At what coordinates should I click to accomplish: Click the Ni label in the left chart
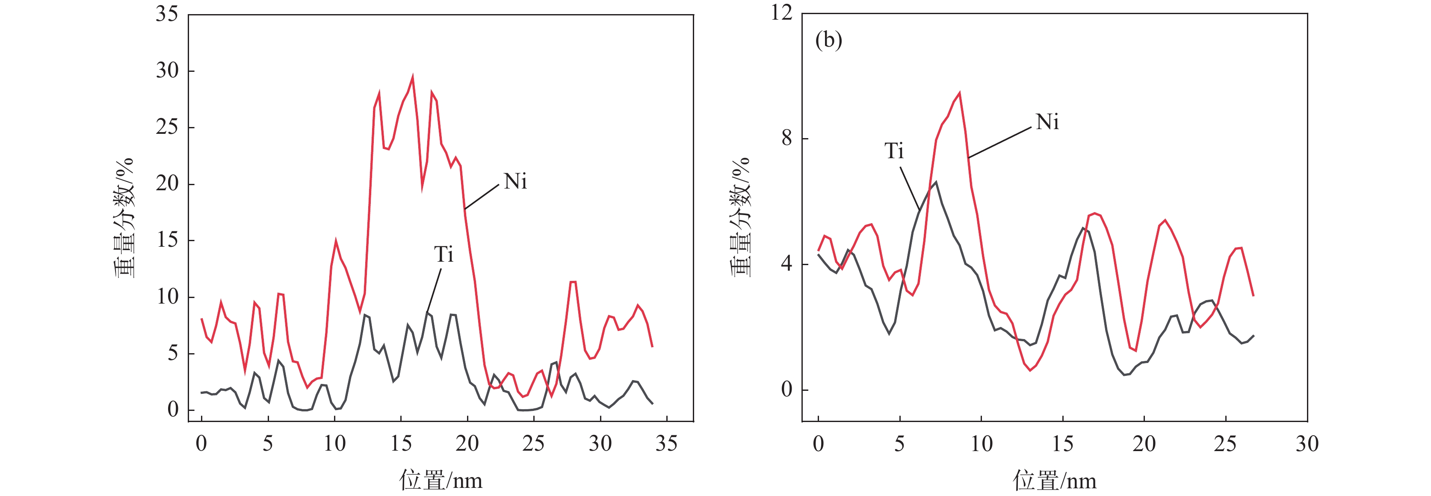click(x=515, y=182)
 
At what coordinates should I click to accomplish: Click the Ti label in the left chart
click(x=443, y=255)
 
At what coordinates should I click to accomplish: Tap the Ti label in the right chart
click(x=894, y=151)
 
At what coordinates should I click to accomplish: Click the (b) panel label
click(x=828, y=40)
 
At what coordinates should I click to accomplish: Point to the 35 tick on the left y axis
click(x=167, y=14)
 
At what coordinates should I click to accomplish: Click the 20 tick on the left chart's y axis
click(x=167, y=183)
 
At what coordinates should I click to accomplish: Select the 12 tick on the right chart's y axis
click(x=782, y=13)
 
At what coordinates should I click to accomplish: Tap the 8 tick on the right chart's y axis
click(x=786, y=138)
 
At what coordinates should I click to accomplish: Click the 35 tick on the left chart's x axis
click(x=666, y=444)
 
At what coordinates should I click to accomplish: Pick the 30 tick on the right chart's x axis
click(x=1307, y=444)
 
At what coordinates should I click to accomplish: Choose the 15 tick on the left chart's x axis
click(x=401, y=444)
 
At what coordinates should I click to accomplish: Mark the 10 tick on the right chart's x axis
click(x=981, y=444)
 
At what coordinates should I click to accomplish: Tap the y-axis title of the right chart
click(x=740, y=217)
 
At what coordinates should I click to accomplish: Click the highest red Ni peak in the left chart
click(x=412, y=76)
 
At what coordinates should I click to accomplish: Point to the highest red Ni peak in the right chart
click(x=959, y=93)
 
